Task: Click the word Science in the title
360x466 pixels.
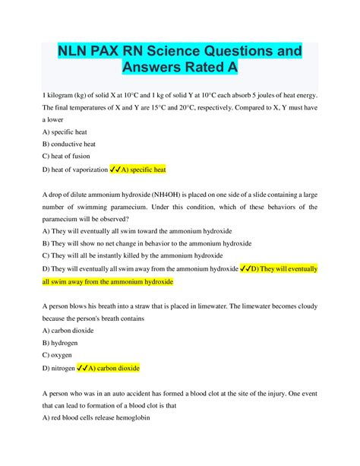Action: coord(166,50)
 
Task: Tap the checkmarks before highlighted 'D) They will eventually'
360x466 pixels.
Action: coord(246,269)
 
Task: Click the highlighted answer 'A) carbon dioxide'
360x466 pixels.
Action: coord(112,369)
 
